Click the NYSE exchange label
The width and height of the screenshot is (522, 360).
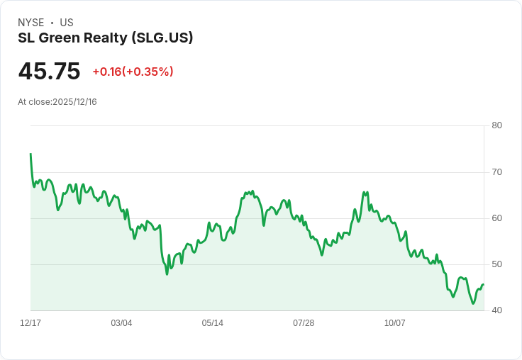pyautogui.click(x=30, y=23)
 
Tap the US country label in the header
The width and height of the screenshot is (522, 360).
pyautogui.click(x=67, y=23)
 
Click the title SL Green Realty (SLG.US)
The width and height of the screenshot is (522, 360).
pyautogui.click(x=106, y=38)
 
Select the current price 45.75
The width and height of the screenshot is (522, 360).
pyautogui.click(x=49, y=72)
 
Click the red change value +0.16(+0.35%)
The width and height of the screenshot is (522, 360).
pyautogui.click(x=133, y=72)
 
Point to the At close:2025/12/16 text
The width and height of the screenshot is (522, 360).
pyautogui.click(x=57, y=102)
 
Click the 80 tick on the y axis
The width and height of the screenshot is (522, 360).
pyautogui.click(x=496, y=125)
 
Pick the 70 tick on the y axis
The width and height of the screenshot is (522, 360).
pyautogui.click(x=496, y=171)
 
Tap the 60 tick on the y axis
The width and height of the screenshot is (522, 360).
pyautogui.click(x=496, y=218)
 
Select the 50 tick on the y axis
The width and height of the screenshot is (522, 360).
pyautogui.click(x=496, y=264)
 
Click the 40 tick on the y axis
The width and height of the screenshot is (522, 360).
pyautogui.click(x=496, y=310)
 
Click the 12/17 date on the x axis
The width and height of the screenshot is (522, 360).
pyautogui.click(x=30, y=323)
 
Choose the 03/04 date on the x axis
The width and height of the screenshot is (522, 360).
pyautogui.click(x=121, y=323)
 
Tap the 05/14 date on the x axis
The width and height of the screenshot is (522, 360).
pyautogui.click(x=213, y=323)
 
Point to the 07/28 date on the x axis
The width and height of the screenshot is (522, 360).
pyautogui.click(x=304, y=323)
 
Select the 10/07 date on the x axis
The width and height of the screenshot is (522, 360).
pyautogui.click(x=395, y=323)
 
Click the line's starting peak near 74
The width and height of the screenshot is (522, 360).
pyautogui.click(x=30, y=154)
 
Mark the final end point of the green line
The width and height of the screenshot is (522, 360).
pyautogui.click(x=483, y=285)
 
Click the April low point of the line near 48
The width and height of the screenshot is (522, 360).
pyautogui.click(x=167, y=274)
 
